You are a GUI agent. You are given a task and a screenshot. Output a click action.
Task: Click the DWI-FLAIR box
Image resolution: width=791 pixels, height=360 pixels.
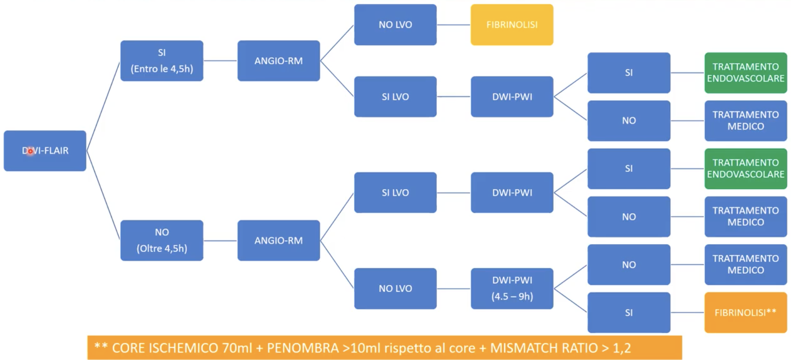(x=45, y=151)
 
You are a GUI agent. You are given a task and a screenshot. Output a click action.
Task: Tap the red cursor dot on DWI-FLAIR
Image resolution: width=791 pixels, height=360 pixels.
(x=30, y=151)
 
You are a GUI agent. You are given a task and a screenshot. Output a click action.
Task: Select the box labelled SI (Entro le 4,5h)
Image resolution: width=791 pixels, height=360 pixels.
(x=162, y=61)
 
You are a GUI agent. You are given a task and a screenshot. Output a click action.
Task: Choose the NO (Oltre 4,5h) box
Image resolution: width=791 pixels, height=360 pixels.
(x=162, y=240)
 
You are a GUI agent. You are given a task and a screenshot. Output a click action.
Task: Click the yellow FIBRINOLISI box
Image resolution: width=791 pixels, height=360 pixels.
(x=512, y=25)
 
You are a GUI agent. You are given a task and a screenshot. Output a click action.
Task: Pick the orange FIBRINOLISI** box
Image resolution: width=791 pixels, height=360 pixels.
(x=745, y=313)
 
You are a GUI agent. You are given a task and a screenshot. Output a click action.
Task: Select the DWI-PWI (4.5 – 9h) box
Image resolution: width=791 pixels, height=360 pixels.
(x=512, y=288)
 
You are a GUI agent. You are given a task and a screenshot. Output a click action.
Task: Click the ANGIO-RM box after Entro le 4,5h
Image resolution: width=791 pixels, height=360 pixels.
(x=278, y=61)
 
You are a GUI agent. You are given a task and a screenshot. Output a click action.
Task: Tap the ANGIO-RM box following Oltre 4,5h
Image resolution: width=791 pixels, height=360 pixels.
(x=278, y=240)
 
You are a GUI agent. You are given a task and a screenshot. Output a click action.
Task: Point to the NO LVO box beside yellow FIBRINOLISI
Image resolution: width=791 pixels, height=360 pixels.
(x=395, y=25)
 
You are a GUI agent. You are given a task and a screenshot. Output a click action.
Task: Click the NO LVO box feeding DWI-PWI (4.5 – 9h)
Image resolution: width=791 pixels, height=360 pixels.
(x=395, y=288)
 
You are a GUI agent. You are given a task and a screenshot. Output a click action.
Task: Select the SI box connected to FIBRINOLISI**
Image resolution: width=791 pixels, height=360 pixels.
(x=629, y=313)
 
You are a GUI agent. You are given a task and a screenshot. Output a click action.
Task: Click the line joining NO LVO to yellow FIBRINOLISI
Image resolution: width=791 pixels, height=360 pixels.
(x=453, y=25)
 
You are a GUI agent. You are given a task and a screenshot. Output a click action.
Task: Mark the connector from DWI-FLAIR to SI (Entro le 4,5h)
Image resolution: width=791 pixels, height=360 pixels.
(x=103, y=106)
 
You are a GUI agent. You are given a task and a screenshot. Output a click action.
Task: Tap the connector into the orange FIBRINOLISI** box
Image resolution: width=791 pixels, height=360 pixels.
(x=687, y=313)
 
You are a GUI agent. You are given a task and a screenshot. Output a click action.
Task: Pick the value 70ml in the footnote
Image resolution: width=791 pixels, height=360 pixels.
(x=237, y=348)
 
